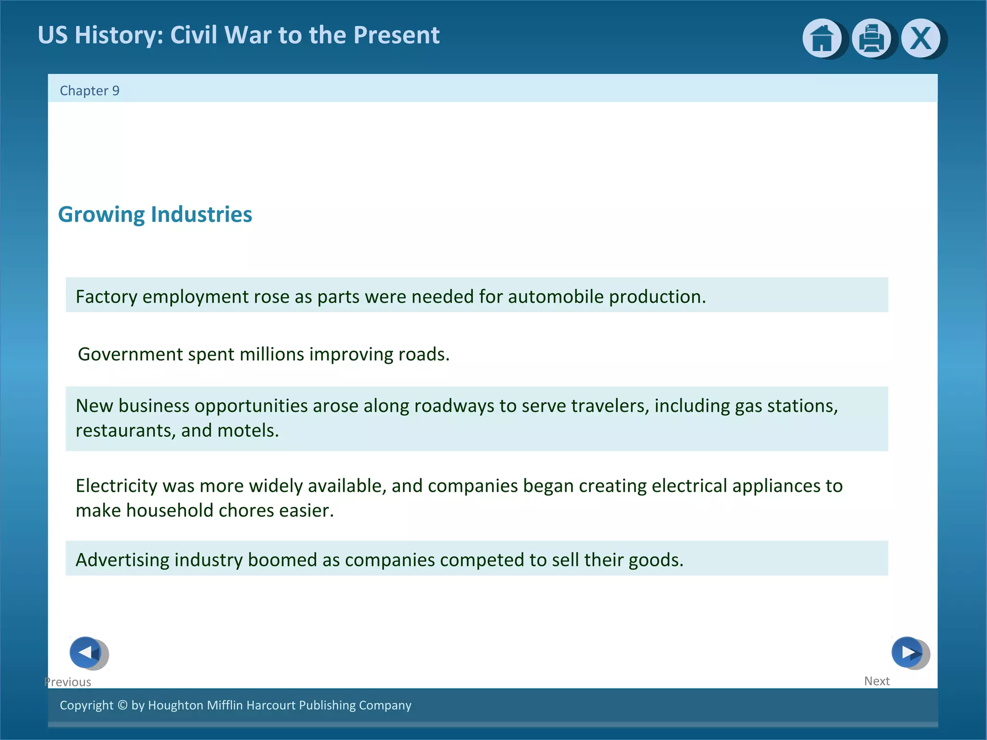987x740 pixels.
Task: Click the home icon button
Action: [x=822, y=38]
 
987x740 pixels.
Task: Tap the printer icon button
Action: [x=871, y=38]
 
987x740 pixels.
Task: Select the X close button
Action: [x=921, y=38]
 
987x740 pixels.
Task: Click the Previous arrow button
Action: [x=86, y=652]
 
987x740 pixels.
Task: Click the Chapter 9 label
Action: [x=90, y=91]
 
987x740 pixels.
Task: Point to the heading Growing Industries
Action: [x=155, y=214]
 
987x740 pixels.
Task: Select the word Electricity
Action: [x=116, y=486]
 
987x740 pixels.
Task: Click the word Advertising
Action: [x=122, y=560]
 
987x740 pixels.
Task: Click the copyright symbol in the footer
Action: [x=122, y=705]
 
